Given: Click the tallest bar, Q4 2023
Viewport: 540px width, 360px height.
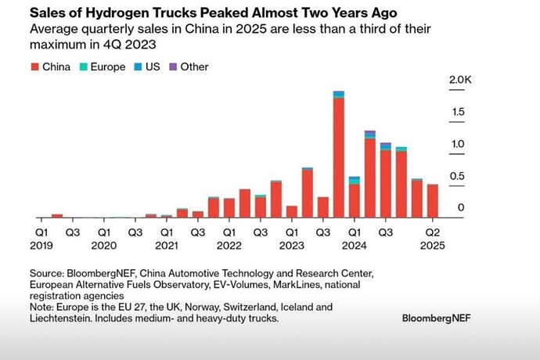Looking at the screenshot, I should tap(339, 157).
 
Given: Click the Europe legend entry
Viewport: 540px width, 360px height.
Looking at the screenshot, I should tap(107, 67).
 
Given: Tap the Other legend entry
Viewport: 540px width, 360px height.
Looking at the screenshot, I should tap(194, 67).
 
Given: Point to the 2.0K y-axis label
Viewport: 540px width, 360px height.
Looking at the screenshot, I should tap(459, 81).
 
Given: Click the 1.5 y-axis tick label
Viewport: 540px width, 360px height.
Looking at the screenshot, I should tap(459, 113).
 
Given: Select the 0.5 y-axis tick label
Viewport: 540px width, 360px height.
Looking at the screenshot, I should tap(459, 176).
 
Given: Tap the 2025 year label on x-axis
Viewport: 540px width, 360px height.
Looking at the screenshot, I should tap(432, 245).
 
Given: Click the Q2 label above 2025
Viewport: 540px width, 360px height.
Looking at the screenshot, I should tap(432, 232).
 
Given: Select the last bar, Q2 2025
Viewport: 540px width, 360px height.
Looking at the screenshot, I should tap(432, 201).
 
